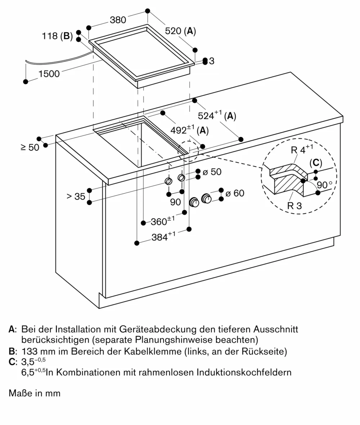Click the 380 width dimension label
click(118, 20)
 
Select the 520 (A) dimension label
click(180, 31)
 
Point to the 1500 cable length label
click(49, 74)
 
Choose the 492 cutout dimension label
click(189, 130)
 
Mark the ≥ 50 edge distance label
click(30, 147)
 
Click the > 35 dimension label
click(76, 196)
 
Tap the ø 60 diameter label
click(234, 193)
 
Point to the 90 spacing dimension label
click(175, 202)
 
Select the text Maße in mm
click(35, 393)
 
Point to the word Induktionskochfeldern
click(244, 372)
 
